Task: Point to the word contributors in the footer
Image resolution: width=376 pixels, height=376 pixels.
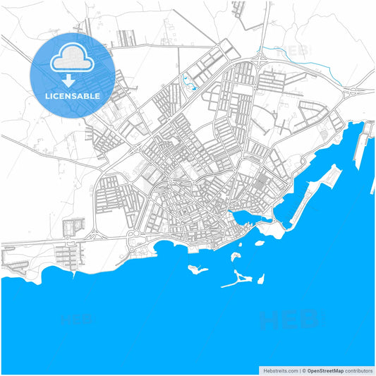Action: point(358,370)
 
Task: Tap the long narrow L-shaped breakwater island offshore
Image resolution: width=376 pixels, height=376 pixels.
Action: point(240,279)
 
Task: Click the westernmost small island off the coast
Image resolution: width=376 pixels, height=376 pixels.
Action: point(195,268)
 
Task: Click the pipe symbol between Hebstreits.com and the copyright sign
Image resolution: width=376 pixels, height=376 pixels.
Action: point(299,370)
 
